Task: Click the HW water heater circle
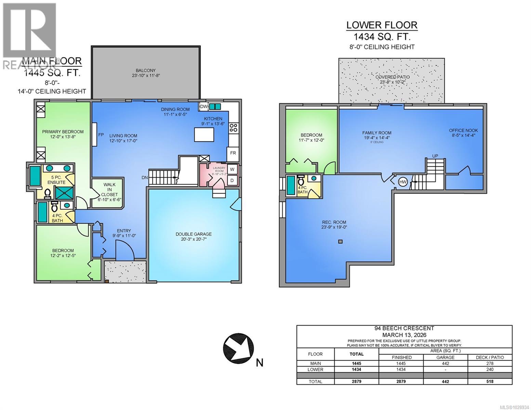click(403, 182)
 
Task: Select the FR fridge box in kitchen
click(233, 153)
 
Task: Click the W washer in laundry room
click(232, 169)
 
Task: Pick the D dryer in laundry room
click(232, 180)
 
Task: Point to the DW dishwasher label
click(203, 107)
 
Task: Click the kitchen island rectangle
click(204, 134)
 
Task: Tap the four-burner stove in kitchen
click(234, 128)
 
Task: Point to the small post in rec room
click(340, 242)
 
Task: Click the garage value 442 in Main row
click(445, 364)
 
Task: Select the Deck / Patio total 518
click(490, 381)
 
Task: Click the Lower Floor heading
click(382, 25)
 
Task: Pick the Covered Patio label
click(393, 77)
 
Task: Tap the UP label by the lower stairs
click(435, 156)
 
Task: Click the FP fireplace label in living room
click(101, 135)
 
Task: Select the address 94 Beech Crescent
click(404, 328)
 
